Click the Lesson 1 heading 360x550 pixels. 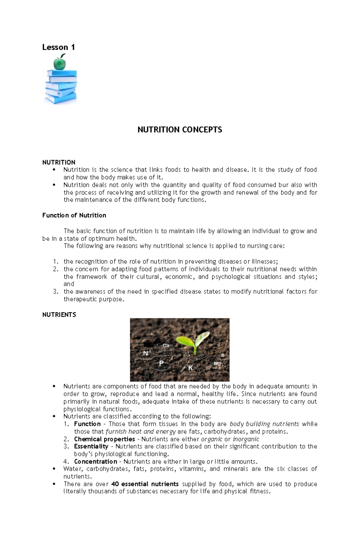58,47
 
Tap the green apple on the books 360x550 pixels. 59,63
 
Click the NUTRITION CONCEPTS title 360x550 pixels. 180,129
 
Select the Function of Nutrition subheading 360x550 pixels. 74,215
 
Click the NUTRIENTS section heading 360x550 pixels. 59,314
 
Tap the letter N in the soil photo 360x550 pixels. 146,353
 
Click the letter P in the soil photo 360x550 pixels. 161,363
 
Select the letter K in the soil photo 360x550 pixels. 190,368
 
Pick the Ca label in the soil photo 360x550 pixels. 166,346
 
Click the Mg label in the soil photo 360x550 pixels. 217,364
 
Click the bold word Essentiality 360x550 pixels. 91,446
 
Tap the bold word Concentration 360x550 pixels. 95,461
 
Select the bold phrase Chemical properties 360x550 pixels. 104,439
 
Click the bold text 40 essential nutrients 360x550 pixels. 145,484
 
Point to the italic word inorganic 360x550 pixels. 246,439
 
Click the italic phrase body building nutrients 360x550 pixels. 264,424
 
